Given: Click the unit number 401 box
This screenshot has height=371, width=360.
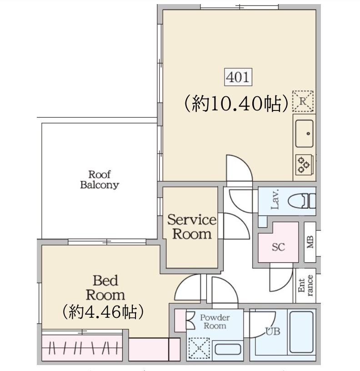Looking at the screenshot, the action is [x=238, y=77].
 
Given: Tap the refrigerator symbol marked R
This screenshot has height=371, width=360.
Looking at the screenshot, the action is [x=303, y=101].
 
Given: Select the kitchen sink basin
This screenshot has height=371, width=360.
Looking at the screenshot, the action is [x=305, y=134].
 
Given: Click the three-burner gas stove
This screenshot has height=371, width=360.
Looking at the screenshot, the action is [x=304, y=164].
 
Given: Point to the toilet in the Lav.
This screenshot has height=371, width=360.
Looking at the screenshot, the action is [x=302, y=201].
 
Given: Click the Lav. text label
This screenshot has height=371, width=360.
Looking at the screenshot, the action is [x=275, y=200].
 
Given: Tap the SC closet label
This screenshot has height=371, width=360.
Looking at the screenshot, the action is [x=278, y=247].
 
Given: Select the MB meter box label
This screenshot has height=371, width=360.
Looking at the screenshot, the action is [x=310, y=242].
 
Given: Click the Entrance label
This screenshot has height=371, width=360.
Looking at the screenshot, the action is [x=305, y=286].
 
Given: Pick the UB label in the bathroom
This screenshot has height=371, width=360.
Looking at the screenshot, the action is [x=273, y=331].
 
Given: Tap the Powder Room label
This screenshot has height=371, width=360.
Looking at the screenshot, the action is [x=215, y=321].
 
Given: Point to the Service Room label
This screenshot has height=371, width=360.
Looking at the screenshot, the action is [x=192, y=227].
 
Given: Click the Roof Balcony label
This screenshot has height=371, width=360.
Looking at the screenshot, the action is [x=100, y=180].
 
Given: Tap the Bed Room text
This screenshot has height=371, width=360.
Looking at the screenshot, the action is [x=105, y=288].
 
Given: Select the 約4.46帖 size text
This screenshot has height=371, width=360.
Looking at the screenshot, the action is [x=103, y=312].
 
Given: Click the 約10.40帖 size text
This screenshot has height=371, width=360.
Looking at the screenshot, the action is [x=236, y=103].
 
